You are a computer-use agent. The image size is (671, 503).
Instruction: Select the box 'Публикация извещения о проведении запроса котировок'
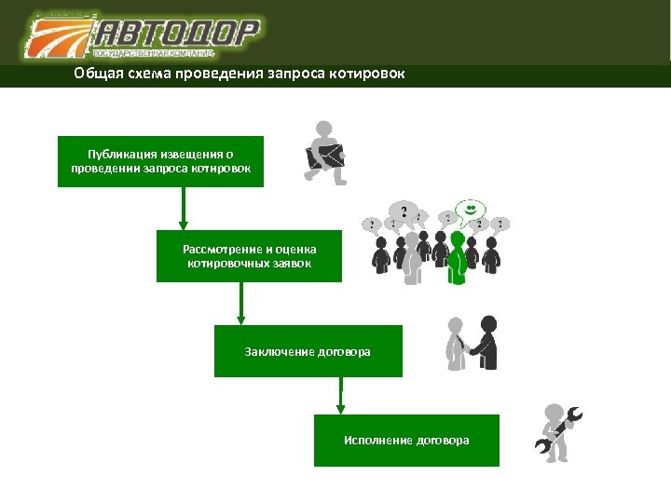click(x=160, y=161)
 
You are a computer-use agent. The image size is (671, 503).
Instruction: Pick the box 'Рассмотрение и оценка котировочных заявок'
click(x=249, y=256)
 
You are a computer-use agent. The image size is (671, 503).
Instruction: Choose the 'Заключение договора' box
click(x=308, y=351)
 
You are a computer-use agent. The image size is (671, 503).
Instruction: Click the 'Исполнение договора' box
click(x=406, y=440)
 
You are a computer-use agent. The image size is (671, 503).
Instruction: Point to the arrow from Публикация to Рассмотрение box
click(x=184, y=209)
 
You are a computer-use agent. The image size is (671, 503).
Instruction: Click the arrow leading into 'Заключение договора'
click(x=241, y=304)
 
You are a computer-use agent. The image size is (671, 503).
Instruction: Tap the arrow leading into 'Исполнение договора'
click(x=340, y=396)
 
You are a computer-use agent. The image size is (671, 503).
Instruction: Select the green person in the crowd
click(x=457, y=255)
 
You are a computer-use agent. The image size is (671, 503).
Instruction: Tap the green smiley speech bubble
click(x=471, y=208)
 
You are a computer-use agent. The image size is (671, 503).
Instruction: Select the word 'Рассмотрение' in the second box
click(x=221, y=250)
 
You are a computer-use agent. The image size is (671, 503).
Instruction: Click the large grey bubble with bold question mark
click(x=404, y=211)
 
